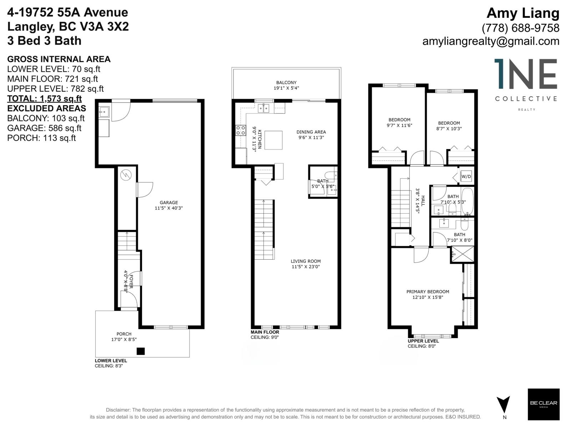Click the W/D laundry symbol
(466, 176)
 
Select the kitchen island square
(273, 140)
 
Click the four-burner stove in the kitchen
(241, 130)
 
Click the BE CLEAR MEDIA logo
(544, 404)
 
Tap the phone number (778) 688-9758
(520, 27)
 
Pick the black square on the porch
(141, 351)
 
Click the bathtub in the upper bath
(467, 202)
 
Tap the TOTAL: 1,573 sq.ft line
(44, 98)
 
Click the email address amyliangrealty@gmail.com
(491, 41)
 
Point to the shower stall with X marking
(462, 254)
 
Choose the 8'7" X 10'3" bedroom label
(449, 126)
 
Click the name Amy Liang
(523, 13)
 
